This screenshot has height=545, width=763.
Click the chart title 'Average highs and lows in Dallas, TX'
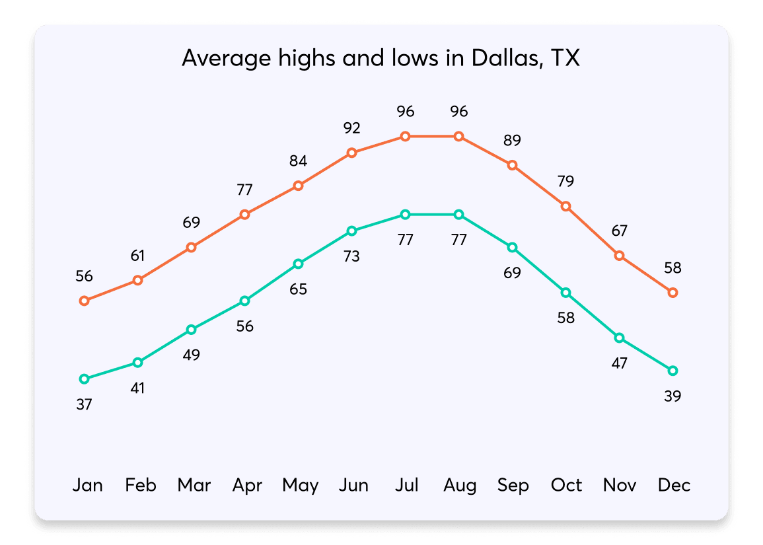pyautogui.click(x=381, y=59)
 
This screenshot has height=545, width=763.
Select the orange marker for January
pyautogui.click(x=84, y=301)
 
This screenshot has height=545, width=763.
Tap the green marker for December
pyautogui.click(x=673, y=371)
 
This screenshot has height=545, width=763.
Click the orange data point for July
pyautogui.click(x=405, y=136)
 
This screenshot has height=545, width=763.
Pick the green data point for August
pyautogui.click(x=458, y=215)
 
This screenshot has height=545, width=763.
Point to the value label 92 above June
pyautogui.click(x=351, y=127)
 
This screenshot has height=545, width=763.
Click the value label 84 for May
pyautogui.click(x=298, y=161)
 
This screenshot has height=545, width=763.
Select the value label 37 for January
pyautogui.click(x=84, y=404)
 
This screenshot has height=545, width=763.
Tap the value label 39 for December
pyautogui.click(x=673, y=396)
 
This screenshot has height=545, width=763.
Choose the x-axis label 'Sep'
pyautogui.click(x=513, y=486)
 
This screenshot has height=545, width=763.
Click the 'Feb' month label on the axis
pyautogui.click(x=141, y=486)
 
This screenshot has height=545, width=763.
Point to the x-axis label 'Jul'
pyautogui.click(x=406, y=486)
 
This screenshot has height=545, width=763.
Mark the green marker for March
pyautogui.click(x=191, y=330)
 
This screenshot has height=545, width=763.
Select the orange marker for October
pyautogui.click(x=565, y=206)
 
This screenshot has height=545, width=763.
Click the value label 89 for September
pyautogui.click(x=512, y=140)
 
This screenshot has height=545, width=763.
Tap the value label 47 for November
pyautogui.click(x=619, y=363)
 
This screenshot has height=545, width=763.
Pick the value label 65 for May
pyautogui.click(x=298, y=289)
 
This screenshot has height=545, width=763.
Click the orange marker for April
pyautogui.click(x=244, y=215)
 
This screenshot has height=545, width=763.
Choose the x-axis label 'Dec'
pyautogui.click(x=674, y=486)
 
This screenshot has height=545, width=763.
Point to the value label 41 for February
pyautogui.click(x=137, y=388)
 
